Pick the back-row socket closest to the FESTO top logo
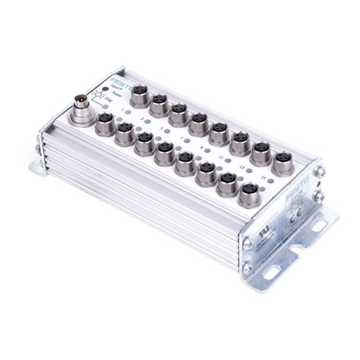pos(139,96)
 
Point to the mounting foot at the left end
pos(40,160)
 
